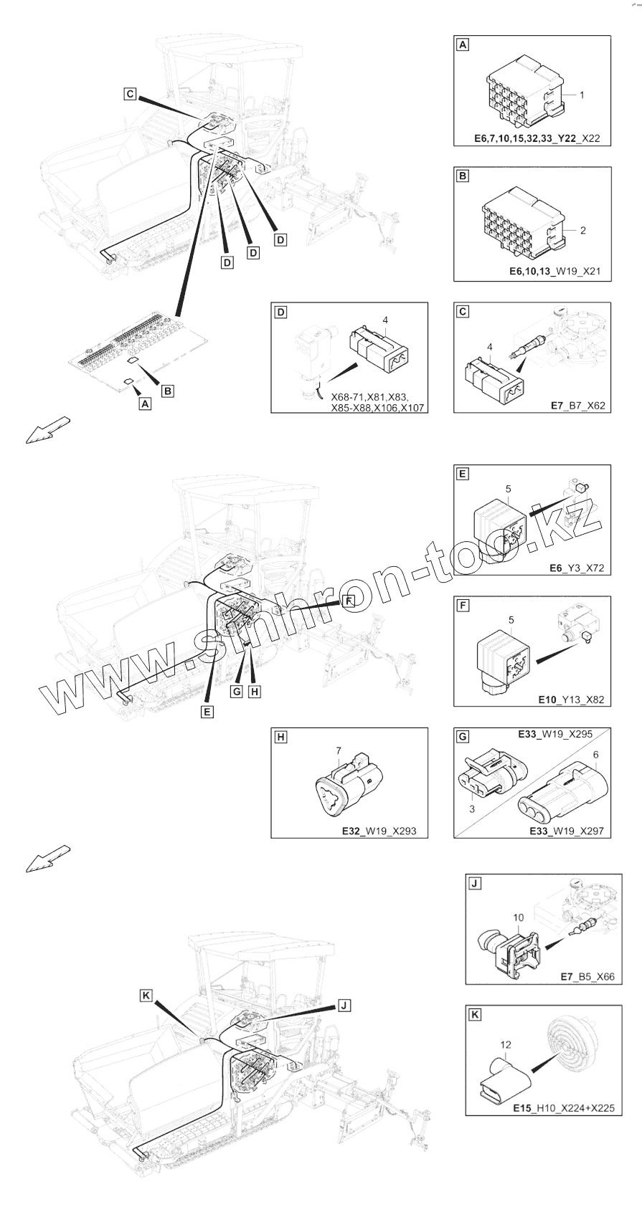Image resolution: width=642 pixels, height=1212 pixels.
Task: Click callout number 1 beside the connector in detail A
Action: click(x=582, y=95)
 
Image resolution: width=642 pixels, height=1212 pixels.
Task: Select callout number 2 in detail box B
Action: click(x=583, y=230)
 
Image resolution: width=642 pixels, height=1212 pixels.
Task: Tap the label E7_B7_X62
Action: click(x=577, y=406)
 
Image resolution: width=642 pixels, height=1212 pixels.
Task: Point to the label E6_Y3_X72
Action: click(x=577, y=568)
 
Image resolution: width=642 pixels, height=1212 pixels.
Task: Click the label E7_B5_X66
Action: click(x=587, y=977)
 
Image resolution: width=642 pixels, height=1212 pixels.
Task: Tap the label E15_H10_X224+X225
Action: click(x=563, y=1108)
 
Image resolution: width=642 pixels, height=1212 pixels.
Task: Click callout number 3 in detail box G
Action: click(x=472, y=808)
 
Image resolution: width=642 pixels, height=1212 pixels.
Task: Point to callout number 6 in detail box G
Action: click(x=595, y=755)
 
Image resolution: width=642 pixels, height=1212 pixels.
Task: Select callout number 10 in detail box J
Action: click(x=519, y=917)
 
